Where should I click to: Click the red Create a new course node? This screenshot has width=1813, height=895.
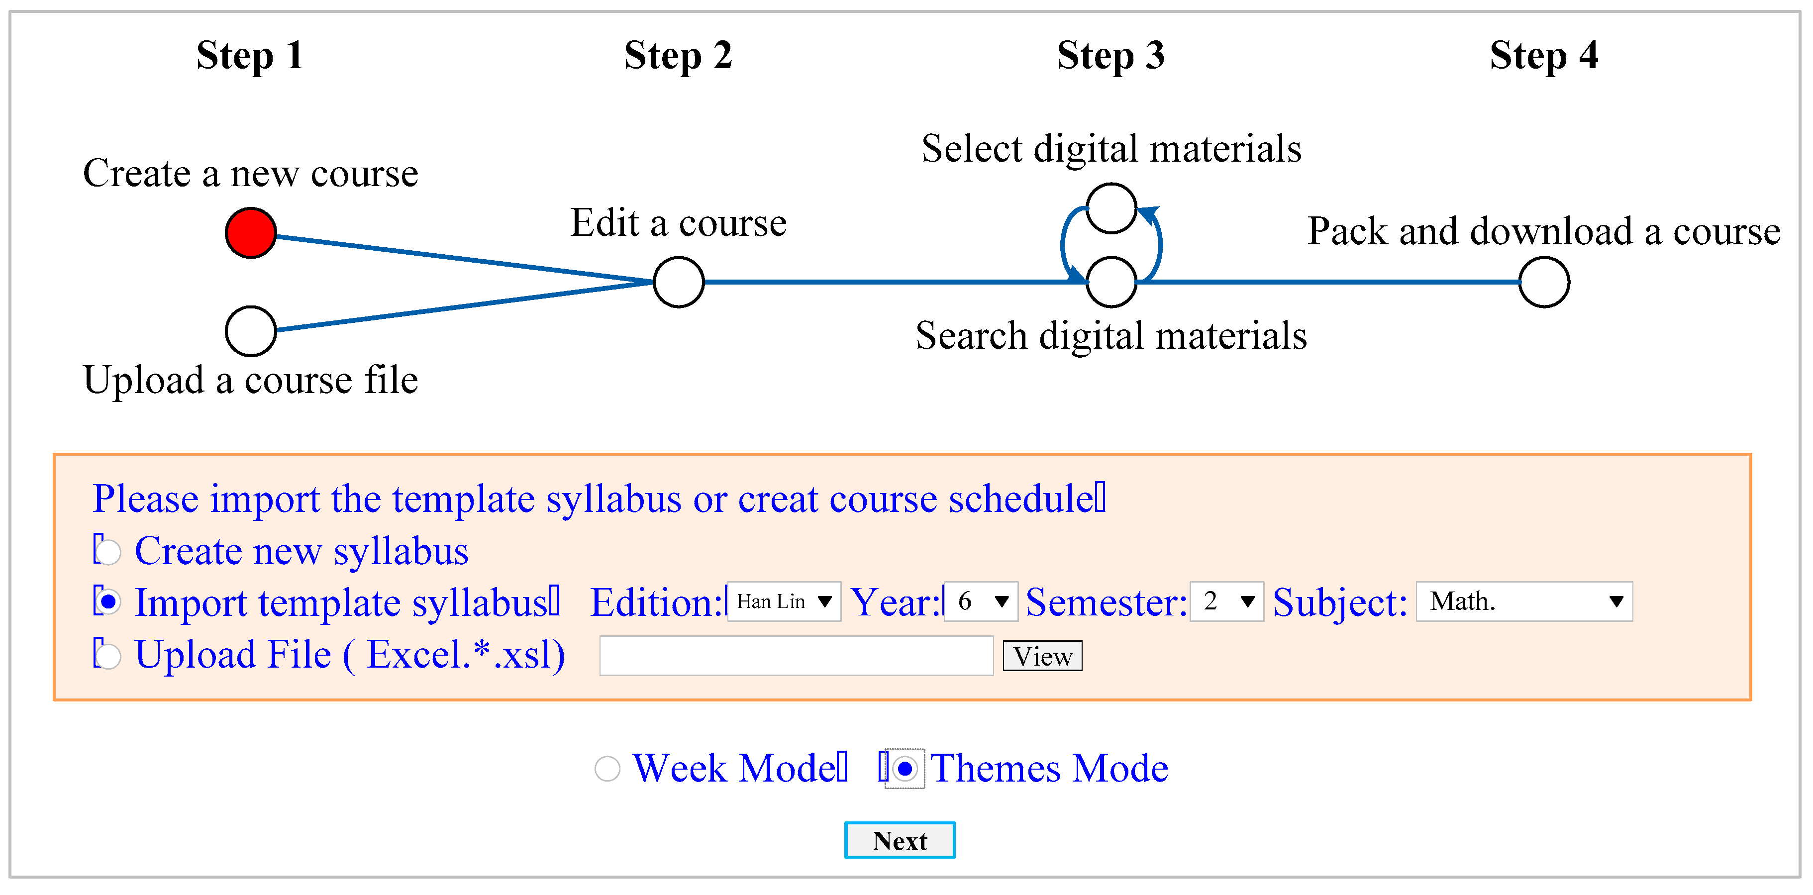click(251, 233)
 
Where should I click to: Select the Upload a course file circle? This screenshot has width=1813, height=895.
click(251, 331)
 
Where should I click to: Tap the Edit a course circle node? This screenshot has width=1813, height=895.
click(679, 282)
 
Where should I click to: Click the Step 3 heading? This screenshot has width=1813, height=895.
click(1110, 56)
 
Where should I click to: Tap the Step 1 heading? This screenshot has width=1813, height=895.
click(250, 56)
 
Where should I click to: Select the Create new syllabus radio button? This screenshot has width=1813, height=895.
click(108, 552)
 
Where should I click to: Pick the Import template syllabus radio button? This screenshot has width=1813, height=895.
click(108, 602)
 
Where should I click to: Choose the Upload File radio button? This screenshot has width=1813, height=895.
click(108, 656)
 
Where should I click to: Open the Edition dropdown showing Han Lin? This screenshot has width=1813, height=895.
click(783, 601)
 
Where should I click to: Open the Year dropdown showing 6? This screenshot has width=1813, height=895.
click(981, 601)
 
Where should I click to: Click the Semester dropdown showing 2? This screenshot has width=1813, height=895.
click(1227, 601)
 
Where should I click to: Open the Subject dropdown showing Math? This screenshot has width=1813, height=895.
click(1524, 601)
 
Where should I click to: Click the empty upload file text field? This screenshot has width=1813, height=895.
click(796, 656)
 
